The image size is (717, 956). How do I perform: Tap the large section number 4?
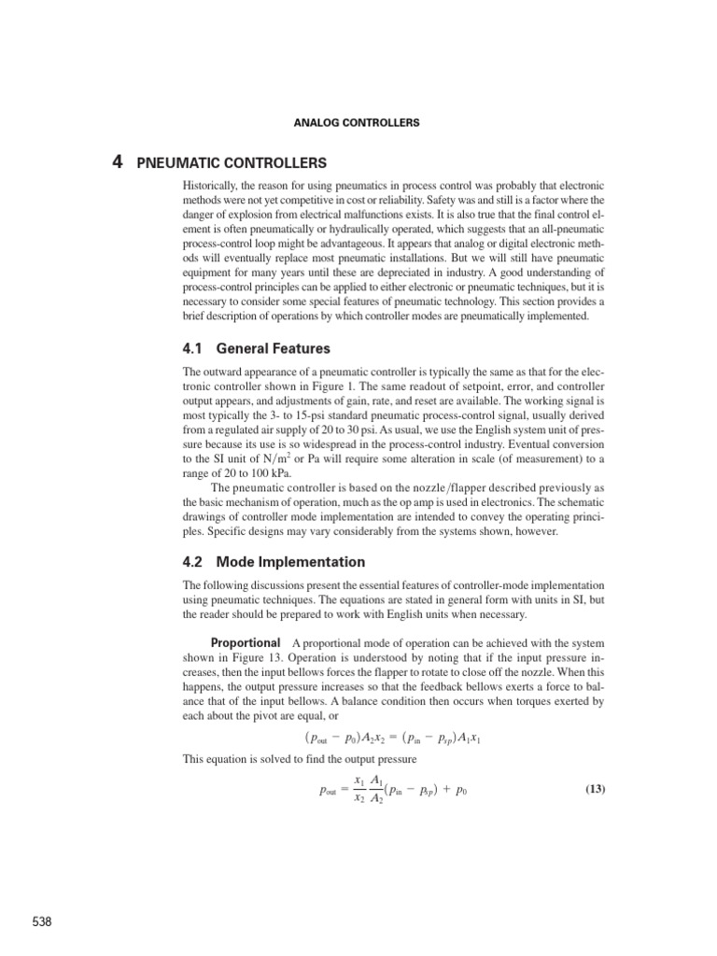click(x=117, y=162)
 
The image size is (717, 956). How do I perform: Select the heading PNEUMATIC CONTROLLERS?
click(x=232, y=162)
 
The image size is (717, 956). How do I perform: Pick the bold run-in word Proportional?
click(x=246, y=643)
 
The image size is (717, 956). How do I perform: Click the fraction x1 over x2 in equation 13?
click(x=358, y=789)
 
